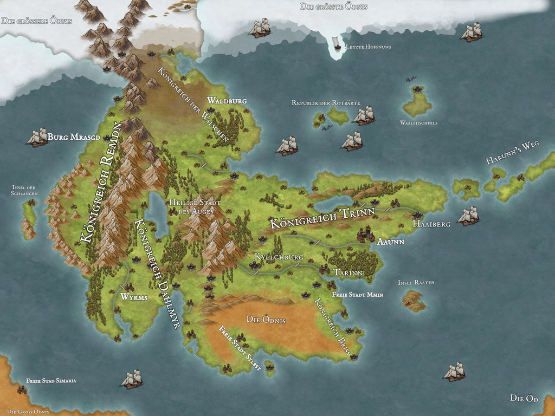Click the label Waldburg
click(227, 101)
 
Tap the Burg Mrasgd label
click(74, 137)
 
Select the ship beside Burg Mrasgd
click(37, 137)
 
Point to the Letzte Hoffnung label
click(368, 47)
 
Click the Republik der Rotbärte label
click(326, 103)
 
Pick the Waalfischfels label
click(418, 123)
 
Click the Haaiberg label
click(431, 224)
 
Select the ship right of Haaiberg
click(468, 216)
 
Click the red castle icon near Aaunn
click(366, 234)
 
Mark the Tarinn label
click(347, 272)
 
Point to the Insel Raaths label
click(416, 283)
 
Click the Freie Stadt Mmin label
click(358, 295)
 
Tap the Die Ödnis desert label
click(266, 320)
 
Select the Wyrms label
click(134, 297)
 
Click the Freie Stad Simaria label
click(51, 381)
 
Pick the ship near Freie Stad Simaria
click(132, 379)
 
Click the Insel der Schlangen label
click(24, 190)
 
